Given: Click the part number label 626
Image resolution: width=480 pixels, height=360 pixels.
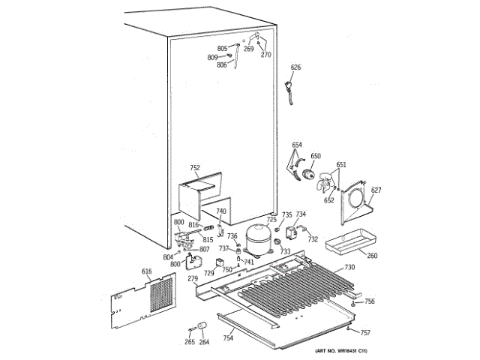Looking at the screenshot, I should tap(295, 67).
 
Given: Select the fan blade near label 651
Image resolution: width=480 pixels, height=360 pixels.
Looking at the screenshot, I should tap(325, 182).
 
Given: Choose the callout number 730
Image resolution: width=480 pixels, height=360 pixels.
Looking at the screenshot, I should tap(349, 268).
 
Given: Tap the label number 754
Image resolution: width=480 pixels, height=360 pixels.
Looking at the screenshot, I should tap(228, 339).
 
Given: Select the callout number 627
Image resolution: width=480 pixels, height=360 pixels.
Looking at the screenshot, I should tap(376, 190).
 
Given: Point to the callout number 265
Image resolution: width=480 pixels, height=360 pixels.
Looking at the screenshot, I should tap(189, 342).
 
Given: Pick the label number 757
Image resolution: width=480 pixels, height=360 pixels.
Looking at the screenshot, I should tap(365, 332).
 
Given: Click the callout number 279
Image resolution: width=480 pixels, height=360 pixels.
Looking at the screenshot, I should tap(193, 279).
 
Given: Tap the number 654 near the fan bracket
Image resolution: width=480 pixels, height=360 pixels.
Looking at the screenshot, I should tap(297, 145).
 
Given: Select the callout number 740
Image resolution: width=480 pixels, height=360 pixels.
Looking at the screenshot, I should tap(220, 211).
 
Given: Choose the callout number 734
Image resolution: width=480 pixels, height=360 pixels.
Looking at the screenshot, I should tap(300, 214).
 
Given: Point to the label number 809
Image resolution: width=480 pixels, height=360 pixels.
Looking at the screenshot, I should tap(212, 57).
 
